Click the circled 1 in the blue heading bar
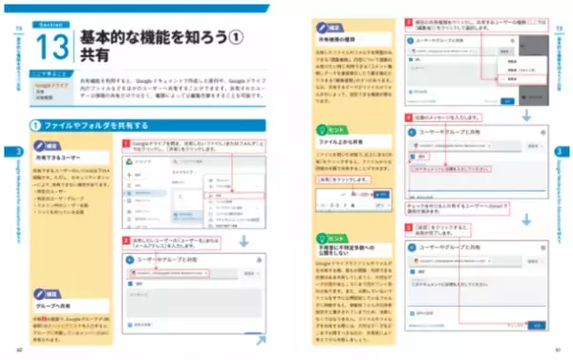click(35, 126)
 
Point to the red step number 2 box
click(124, 243)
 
